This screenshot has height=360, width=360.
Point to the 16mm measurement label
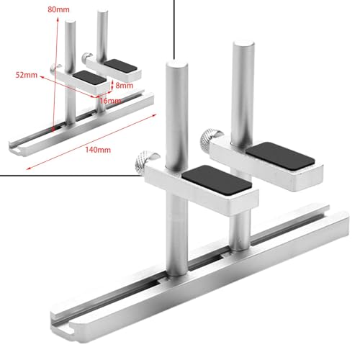110,102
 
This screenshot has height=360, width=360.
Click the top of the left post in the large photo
175,66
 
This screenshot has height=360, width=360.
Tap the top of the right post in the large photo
242,45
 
